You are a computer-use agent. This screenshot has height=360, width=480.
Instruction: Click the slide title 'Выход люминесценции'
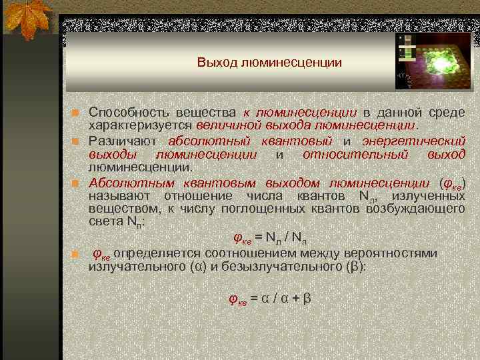(269, 63)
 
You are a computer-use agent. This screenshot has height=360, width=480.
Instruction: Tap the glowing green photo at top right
(434, 61)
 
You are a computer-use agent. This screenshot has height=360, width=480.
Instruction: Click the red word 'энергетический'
(413, 141)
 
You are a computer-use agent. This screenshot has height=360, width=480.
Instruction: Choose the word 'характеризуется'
(141, 125)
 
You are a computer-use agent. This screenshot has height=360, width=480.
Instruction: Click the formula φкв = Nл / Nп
(269, 237)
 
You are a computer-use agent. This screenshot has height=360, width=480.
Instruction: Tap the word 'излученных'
(428, 196)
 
